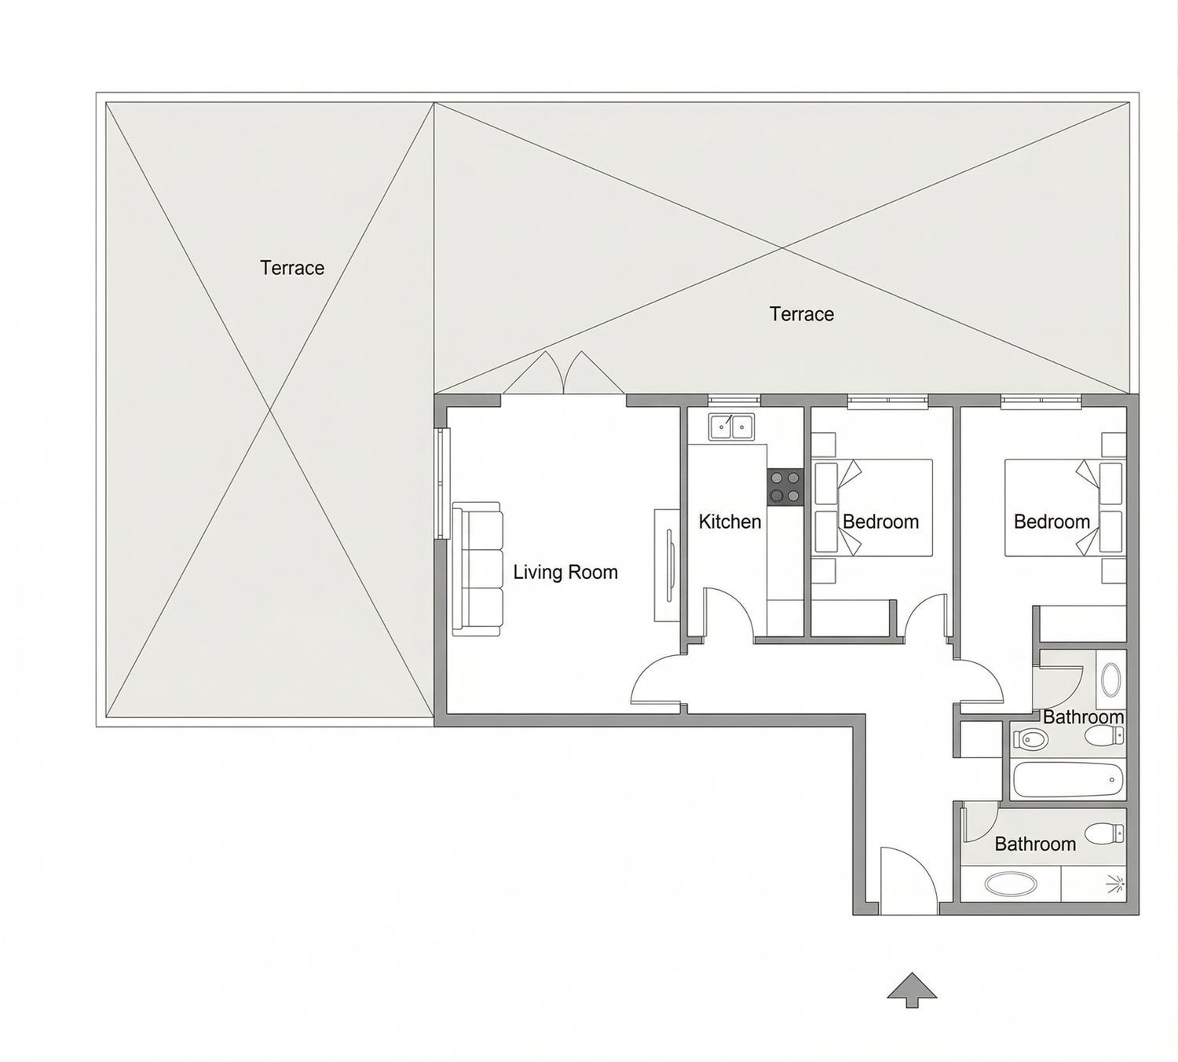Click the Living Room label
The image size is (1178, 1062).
point(565,572)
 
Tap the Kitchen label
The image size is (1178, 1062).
point(730,522)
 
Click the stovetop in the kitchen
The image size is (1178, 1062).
point(785,487)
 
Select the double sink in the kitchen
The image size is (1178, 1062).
point(731,427)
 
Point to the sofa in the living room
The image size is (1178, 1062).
point(477,569)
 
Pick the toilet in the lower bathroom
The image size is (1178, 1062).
point(1104,833)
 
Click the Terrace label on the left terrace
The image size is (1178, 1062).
point(292,268)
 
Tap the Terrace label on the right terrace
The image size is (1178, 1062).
point(802,314)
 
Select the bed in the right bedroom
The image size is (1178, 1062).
point(1065,507)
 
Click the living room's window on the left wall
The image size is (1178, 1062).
point(443,483)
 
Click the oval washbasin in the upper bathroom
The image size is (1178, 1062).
point(1110,679)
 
